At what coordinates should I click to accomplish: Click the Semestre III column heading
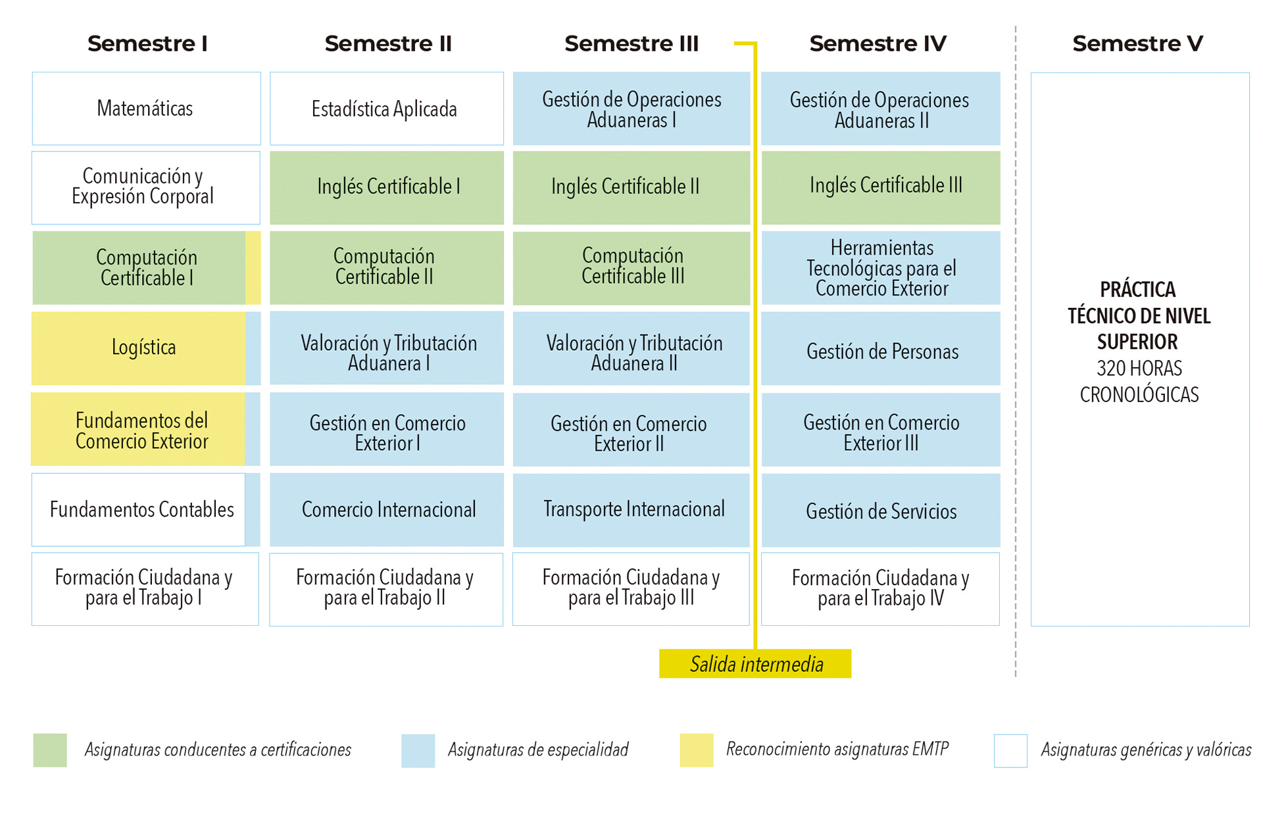[631, 43]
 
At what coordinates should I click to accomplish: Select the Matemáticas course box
[145, 109]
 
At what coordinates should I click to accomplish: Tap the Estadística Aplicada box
[386, 109]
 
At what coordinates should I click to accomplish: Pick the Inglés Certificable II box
[630, 188]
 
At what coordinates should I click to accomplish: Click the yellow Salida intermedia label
[755, 663]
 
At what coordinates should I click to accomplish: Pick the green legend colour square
[50, 750]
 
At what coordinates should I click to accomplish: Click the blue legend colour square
[418, 750]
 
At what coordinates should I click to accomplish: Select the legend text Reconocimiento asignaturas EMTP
[837, 749]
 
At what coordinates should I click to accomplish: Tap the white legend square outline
[1010, 750]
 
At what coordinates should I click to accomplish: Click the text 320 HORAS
[1139, 369]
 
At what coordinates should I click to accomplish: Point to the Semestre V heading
[1137, 43]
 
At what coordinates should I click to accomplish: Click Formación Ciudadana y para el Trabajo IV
[880, 588]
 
